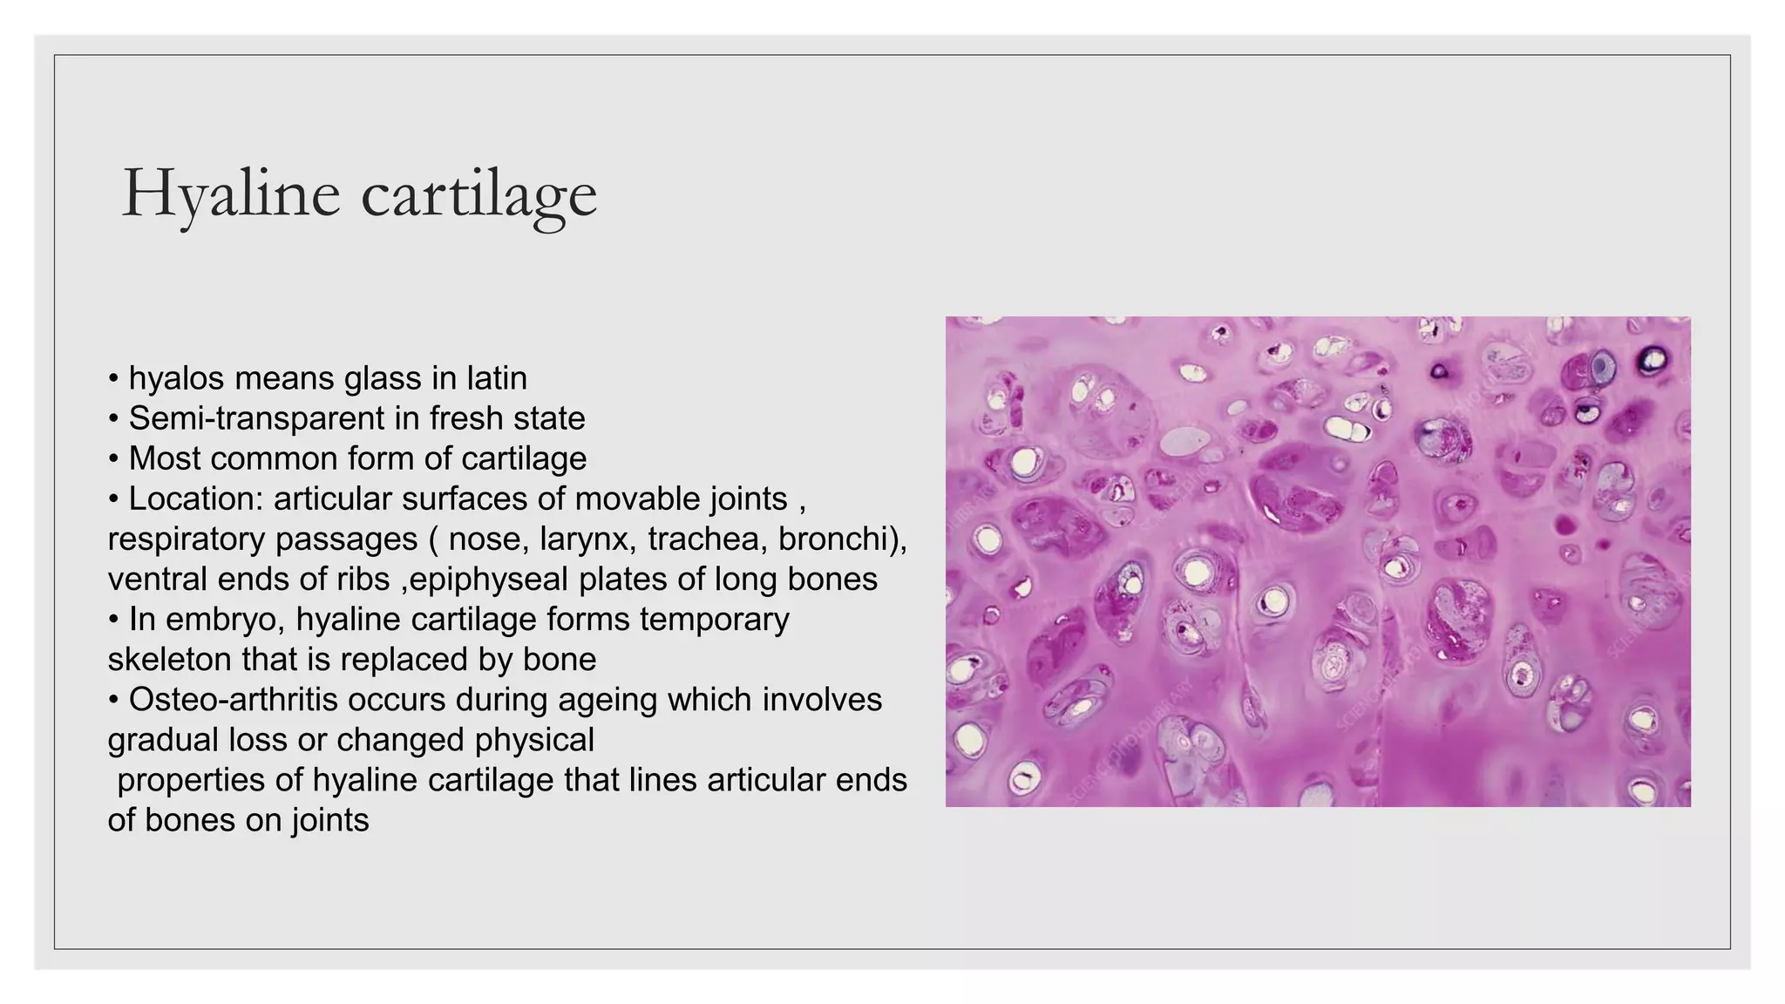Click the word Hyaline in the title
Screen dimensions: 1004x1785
[231, 193]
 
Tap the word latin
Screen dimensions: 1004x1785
[497, 378]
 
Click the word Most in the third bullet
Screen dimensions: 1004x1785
[165, 458]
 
